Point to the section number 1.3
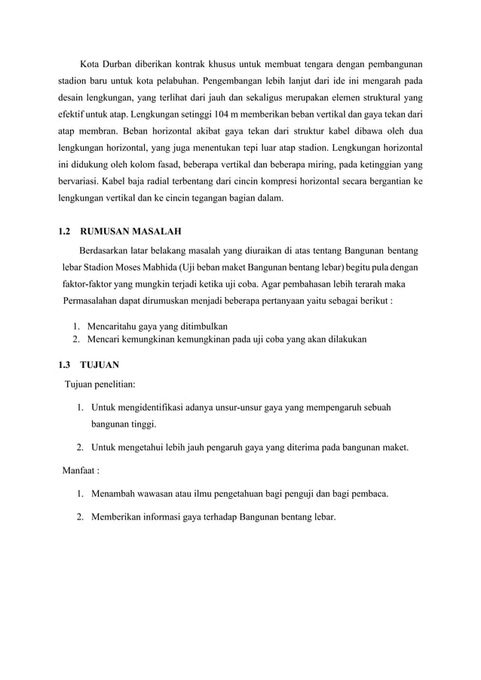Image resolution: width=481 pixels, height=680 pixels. pos(66,365)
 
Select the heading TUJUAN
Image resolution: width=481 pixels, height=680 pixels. pos(100,365)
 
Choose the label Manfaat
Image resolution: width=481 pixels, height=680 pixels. pos(81,472)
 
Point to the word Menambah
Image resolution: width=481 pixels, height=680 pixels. pos(114,495)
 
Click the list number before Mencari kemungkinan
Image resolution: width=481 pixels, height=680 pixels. pos(78,339)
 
